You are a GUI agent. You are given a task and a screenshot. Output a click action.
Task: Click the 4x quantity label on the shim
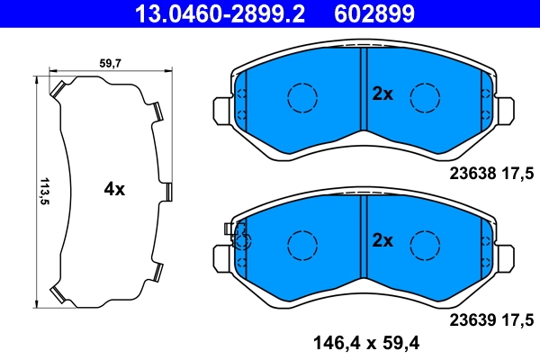114,189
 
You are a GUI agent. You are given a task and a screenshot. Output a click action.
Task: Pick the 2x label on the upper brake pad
383,93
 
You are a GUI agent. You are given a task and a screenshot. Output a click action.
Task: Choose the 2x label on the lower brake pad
383,240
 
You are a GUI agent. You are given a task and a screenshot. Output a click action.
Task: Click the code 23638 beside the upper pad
474,173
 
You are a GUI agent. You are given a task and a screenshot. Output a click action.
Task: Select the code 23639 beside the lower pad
474,319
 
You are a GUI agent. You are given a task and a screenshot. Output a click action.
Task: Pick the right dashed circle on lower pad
424,243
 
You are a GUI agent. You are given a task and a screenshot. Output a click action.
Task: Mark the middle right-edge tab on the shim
167,191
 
